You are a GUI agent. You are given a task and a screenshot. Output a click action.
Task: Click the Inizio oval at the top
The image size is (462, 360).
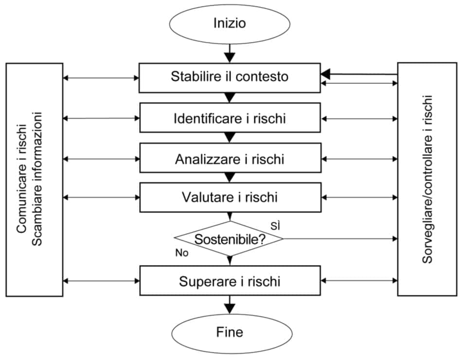point(230,23)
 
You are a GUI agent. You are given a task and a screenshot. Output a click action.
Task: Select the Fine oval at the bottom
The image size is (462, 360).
point(230,333)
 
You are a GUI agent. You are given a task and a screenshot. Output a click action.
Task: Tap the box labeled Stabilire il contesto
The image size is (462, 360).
point(230,77)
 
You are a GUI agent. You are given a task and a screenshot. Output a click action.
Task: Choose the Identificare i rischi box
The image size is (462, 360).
point(230,118)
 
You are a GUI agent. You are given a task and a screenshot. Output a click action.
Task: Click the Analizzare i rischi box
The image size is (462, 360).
point(230,158)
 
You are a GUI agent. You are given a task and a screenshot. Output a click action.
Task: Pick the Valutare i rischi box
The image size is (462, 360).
point(230,197)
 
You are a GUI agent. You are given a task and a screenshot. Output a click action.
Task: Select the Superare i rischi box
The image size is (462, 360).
point(230,281)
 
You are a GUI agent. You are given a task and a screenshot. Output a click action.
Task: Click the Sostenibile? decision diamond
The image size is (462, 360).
point(229,239)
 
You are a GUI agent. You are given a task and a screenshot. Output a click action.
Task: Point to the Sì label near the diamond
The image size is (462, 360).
point(276,225)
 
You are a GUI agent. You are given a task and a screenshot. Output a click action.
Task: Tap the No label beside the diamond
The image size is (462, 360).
point(182,253)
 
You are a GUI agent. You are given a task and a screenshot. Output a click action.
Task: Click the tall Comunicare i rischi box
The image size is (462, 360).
point(35,180)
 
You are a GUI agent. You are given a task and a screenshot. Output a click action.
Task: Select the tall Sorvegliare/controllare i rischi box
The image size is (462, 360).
point(427,180)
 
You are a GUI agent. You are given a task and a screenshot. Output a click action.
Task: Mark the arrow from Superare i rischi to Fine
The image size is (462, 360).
point(230,306)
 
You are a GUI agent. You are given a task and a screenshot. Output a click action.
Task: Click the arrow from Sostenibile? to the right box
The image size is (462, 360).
point(340,239)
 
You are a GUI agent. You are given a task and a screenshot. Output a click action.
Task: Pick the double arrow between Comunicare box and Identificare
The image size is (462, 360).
point(101,118)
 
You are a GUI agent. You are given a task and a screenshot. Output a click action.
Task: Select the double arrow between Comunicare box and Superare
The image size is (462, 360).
point(101,281)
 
